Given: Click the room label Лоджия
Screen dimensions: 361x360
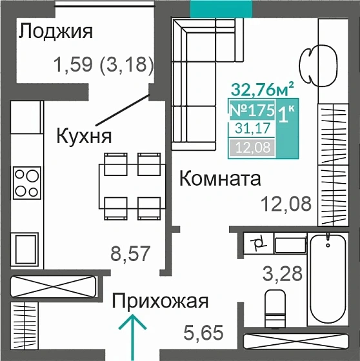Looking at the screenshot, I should pos(56,32).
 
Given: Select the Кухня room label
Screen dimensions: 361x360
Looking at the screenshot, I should pos(85,136).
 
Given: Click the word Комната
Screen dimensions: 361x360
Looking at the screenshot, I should pos(219,179).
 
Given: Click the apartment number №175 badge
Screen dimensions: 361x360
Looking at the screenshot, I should pos(252,110).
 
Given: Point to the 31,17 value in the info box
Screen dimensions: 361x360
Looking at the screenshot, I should pos(252,130).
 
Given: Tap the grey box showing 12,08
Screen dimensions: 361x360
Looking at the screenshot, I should pos(252,148).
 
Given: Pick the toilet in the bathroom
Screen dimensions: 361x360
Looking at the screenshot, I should pos(275,309).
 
